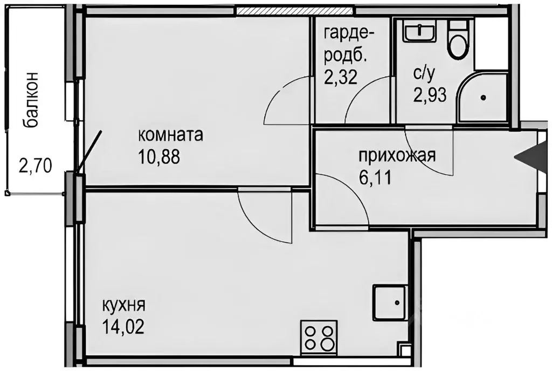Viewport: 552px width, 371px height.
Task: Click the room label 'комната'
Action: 171,135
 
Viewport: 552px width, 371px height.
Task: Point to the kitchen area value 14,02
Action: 123,327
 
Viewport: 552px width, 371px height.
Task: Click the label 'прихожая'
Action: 397,156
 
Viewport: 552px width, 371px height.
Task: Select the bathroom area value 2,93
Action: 429,96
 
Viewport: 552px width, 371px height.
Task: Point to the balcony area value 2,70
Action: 35,164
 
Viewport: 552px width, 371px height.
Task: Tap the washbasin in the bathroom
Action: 420,32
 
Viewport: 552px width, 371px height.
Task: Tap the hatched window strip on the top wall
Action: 295,10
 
